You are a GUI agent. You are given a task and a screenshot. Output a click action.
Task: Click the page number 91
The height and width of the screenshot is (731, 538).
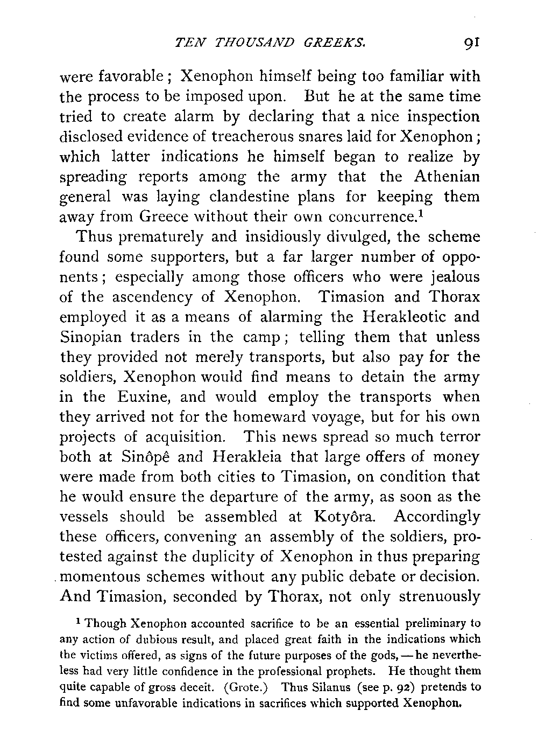coord(470,41)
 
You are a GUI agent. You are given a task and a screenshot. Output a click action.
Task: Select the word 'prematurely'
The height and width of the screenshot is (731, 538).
coord(162,237)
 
